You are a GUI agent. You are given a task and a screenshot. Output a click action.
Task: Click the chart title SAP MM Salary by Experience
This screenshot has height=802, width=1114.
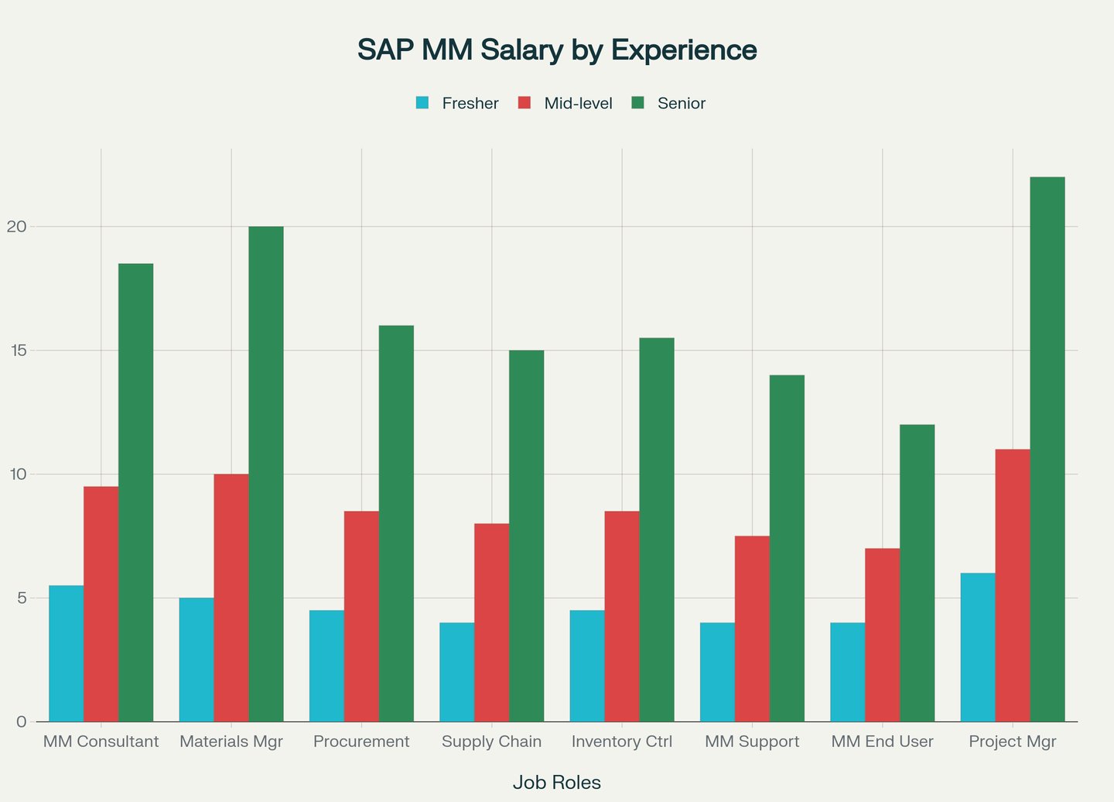[557, 50]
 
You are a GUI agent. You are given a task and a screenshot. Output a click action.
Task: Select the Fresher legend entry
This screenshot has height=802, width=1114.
[457, 103]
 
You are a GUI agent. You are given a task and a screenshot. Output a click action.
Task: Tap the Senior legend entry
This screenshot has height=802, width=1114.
[669, 103]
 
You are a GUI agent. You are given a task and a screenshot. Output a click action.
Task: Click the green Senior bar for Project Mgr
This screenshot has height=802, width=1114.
[1047, 449]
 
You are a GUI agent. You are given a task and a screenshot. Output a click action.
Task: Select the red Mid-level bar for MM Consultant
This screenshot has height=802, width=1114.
[101, 604]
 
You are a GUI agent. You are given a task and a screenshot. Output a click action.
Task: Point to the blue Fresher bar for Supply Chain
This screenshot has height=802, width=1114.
[457, 672]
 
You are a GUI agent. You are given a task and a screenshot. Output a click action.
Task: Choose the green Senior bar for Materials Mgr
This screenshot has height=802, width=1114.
[266, 474]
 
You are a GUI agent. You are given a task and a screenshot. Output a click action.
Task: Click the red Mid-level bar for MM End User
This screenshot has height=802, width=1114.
[883, 635]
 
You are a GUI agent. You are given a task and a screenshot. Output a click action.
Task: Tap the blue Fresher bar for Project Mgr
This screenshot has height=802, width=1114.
[978, 647]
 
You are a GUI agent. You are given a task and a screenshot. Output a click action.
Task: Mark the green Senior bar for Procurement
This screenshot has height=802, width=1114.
[396, 523]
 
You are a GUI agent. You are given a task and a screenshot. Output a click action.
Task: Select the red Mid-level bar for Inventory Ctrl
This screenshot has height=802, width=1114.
[622, 616]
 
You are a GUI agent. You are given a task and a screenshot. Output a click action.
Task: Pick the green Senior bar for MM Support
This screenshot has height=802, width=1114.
[787, 548]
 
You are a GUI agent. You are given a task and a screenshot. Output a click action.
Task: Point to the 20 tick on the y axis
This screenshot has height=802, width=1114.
[16, 227]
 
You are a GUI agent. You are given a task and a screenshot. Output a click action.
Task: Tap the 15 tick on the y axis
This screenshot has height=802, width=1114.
[16, 351]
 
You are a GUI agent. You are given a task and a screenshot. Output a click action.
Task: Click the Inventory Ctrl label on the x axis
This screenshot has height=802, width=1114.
[622, 742]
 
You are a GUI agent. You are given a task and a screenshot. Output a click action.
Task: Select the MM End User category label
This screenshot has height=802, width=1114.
[883, 742]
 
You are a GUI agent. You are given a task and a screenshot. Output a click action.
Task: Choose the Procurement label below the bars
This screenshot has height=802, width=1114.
[361, 742]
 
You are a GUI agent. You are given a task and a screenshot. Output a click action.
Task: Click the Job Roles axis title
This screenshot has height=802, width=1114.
[557, 783]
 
